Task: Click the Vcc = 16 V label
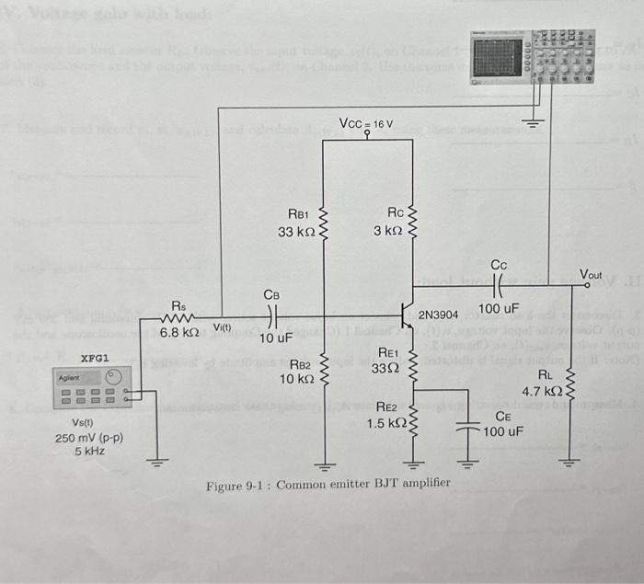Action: pos(366,123)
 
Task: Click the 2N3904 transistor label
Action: pos(444,315)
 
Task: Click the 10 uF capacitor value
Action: pos(275,338)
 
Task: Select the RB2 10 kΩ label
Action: pos(300,372)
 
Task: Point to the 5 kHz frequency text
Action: pos(89,452)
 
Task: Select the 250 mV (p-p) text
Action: pos(89,438)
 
